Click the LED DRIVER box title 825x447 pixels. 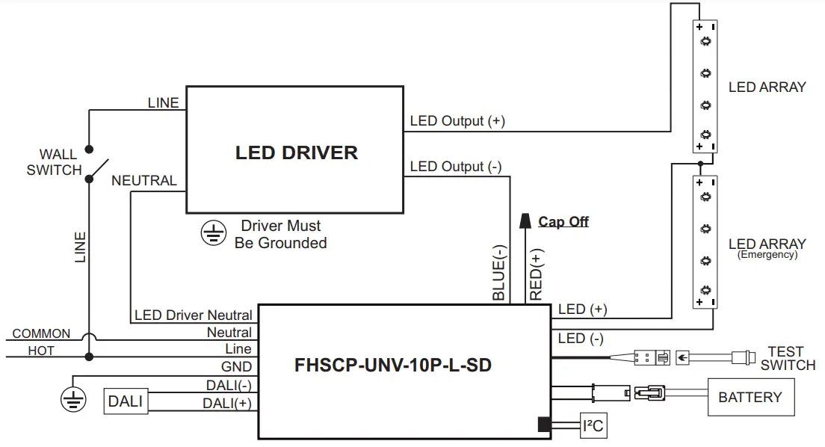297,153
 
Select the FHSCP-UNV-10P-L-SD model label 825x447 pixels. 393,366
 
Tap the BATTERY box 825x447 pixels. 750,398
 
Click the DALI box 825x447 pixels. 126,401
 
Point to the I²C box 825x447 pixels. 593,427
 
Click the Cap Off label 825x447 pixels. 563,222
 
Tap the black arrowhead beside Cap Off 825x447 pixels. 525,221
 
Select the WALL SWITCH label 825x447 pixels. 55,163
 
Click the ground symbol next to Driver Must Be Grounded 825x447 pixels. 212,235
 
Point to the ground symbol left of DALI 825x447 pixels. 72,399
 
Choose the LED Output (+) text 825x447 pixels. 457,121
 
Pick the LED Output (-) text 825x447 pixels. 456,167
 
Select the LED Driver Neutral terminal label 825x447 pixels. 193,315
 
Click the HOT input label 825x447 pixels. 41,350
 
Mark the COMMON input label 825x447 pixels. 41,334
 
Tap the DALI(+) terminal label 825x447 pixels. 226,403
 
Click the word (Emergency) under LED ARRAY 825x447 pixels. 767,254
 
